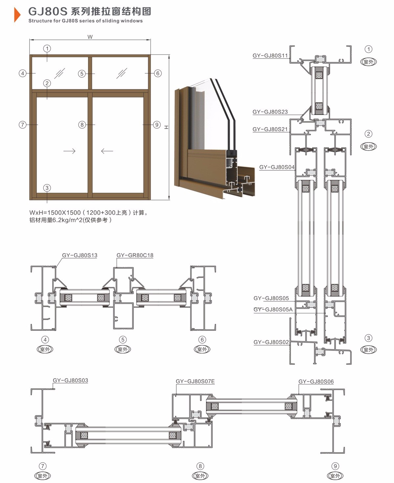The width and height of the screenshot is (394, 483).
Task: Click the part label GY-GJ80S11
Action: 270,56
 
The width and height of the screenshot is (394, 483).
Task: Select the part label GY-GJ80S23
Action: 270,112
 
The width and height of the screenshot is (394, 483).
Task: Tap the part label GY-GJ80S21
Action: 270,129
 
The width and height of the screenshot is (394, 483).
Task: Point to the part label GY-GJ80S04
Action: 277,167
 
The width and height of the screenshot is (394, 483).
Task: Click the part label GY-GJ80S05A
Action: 273,309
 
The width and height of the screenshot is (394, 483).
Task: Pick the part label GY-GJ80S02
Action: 271,342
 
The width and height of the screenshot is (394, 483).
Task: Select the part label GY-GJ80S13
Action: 80,255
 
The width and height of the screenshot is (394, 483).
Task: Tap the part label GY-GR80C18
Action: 135,255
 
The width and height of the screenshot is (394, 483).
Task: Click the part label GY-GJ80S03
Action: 71,380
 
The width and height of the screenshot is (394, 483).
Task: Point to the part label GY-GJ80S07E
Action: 195,381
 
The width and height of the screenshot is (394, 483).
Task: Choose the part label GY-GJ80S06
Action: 316,381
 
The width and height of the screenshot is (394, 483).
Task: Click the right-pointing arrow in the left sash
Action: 69,151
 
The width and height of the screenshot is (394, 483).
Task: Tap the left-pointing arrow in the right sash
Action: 107,151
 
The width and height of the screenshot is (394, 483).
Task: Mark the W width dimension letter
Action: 90,37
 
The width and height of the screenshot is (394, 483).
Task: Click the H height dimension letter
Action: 166,127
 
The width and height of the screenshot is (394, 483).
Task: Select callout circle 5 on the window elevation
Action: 82,74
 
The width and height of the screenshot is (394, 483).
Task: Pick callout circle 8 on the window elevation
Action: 82,125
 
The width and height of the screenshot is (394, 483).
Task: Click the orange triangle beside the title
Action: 17,15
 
